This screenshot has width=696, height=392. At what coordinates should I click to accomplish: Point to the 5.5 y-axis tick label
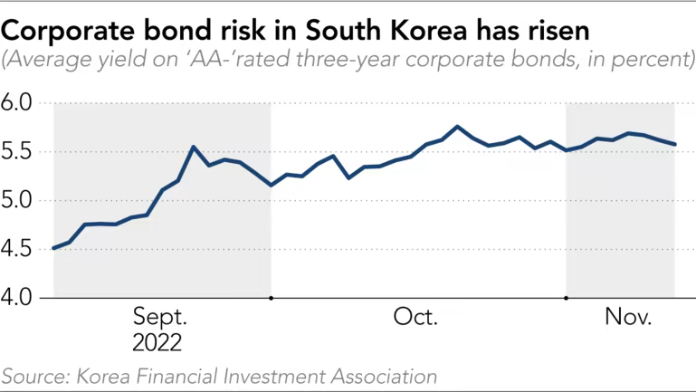(x=17, y=152)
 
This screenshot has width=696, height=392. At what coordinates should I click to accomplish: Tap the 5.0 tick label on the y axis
(x=17, y=200)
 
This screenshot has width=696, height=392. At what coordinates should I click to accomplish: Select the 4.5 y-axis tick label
(x=17, y=249)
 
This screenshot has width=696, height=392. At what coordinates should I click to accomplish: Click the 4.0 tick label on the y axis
(x=17, y=297)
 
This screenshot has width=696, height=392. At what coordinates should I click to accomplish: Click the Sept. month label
(x=160, y=318)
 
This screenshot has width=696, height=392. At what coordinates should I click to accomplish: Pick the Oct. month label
(x=415, y=318)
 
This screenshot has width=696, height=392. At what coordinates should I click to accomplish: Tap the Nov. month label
(x=629, y=318)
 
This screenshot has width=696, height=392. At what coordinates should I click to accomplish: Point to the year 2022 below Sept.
(x=157, y=343)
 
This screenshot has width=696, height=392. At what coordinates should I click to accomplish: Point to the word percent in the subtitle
(x=649, y=62)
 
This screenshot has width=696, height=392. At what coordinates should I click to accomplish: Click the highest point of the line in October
(x=457, y=127)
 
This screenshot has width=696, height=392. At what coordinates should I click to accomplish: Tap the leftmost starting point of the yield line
(x=53, y=247)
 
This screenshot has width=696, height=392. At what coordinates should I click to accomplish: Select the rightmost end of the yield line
(x=674, y=144)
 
